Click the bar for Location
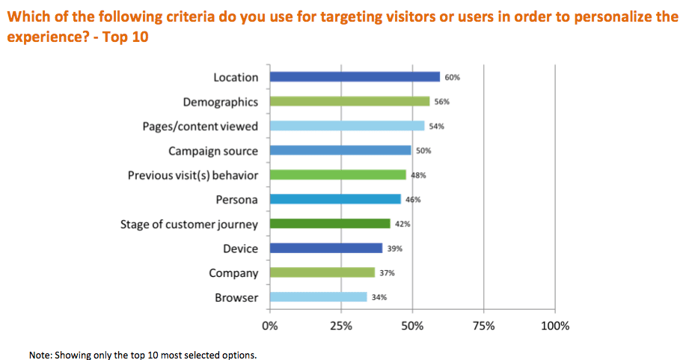click(x=355, y=76)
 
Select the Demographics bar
click(x=349, y=101)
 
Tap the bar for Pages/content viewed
click(x=346, y=126)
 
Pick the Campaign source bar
click(x=340, y=150)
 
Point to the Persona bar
click(x=335, y=199)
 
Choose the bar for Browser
click(x=318, y=297)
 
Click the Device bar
click(x=325, y=248)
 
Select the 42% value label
click(x=402, y=224)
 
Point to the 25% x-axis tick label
click(x=341, y=326)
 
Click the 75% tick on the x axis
click(x=484, y=326)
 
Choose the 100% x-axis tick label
click(x=554, y=326)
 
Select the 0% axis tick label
click(x=269, y=326)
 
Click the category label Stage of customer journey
click(x=189, y=225)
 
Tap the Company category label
click(x=233, y=273)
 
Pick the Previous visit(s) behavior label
click(x=192, y=175)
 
